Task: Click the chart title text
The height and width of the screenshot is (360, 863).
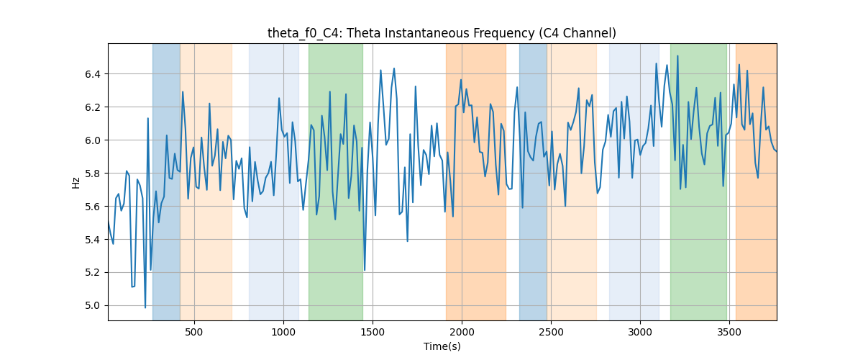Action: tap(442, 34)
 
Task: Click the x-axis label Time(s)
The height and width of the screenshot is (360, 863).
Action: tap(442, 346)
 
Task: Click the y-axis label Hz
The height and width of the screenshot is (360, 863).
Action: tap(76, 183)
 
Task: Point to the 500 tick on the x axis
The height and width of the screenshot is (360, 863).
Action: tap(193, 332)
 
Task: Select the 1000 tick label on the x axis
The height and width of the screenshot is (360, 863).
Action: tap(283, 332)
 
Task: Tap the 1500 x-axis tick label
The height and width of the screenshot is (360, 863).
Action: tap(373, 332)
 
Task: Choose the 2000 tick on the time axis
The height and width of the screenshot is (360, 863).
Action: tap(462, 332)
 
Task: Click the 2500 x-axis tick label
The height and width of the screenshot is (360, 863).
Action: tap(551, 332)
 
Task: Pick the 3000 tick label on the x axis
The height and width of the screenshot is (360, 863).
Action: tap(640, 332)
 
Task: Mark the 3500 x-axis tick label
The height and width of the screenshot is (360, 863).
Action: tap(729, 332)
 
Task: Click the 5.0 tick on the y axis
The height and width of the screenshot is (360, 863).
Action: tap(93, 305)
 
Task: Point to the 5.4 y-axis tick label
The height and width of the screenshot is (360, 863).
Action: tap(93, 240)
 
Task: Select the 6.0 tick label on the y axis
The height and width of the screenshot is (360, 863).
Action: tap(93, 140)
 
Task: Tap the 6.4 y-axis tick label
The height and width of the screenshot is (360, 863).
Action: tap(93, 74)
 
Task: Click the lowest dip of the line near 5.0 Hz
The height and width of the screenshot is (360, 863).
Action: tap(145, 307)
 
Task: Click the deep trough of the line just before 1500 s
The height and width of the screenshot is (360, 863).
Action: tap(365, 270)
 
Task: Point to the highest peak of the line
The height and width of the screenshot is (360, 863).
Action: tap(677, 56)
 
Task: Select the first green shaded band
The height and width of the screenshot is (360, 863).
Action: tap(336, 181)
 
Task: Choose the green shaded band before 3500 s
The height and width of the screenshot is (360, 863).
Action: tap(698, 181)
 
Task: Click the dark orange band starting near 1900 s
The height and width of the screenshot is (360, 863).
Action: tap(476, 181)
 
